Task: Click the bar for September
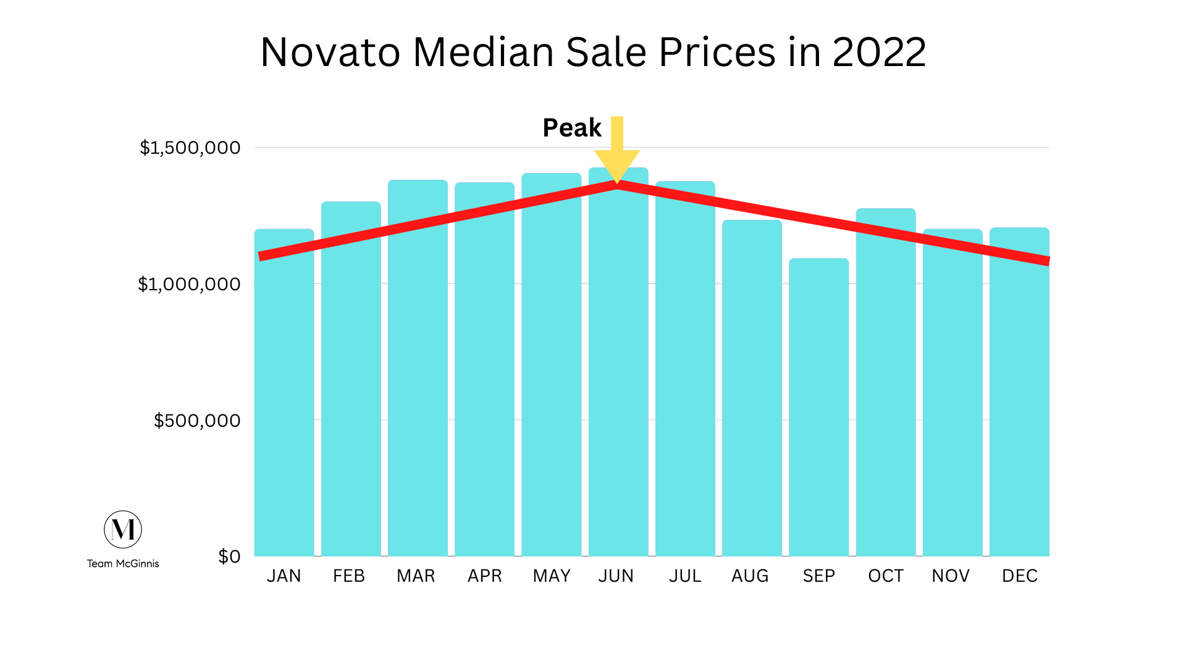click(818, 408)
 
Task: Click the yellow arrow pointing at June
click(616, 151)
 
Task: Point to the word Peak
click(571, 128)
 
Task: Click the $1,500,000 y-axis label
click(190, 148)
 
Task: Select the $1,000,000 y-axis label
click(188, 284)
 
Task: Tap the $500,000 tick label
click(196, 421)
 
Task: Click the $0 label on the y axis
click(229, 556)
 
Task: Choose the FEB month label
click(349, 576)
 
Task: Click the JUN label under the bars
click(616, 576)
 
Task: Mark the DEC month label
click(1019, 576)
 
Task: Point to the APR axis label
click(484, 576)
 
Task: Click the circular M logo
click(123, 529)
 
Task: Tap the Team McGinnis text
click(123, 563)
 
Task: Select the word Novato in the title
click(330, 52)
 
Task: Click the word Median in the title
click(483, 52)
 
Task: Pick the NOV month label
click(951, 576)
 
